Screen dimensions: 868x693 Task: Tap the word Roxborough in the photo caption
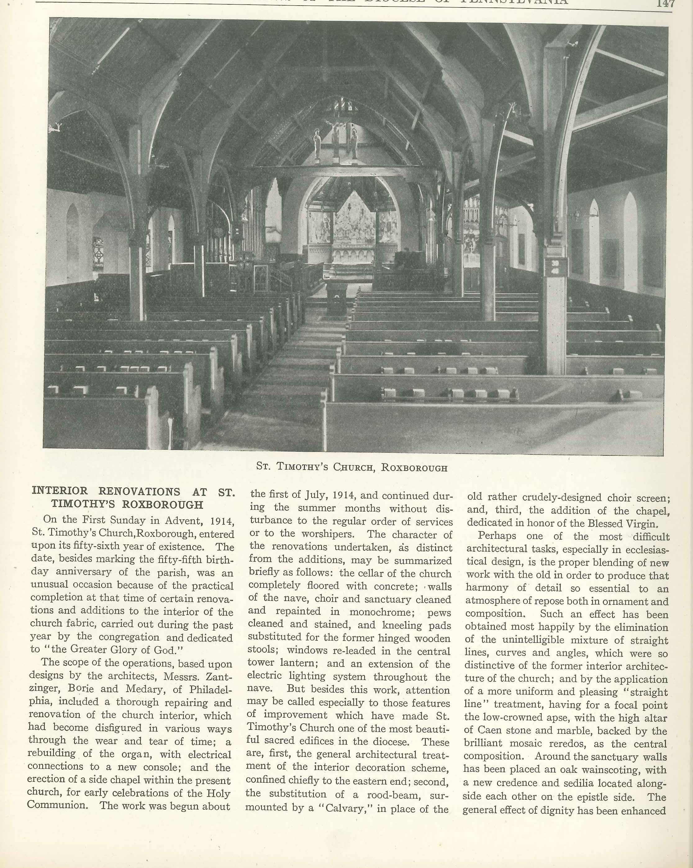[414, 468]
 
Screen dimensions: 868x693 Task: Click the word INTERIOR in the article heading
[60, 491]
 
